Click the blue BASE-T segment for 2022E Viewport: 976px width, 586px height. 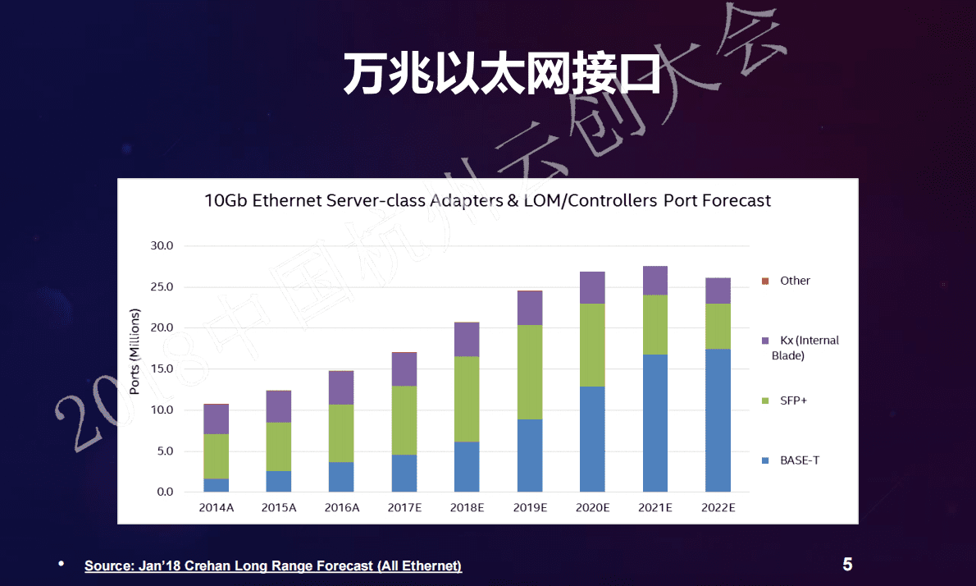(x=718, y=420)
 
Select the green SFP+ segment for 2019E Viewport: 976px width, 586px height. (x=530, y=372)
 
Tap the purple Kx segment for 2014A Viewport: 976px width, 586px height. (x=217, y=419)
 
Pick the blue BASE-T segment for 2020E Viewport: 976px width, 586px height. (x=592, y=439)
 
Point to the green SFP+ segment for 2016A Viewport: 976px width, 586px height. (x=341, y=433)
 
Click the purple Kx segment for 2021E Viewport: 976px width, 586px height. (x=654, y=281)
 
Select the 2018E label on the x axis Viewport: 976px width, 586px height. (x=467, y=508)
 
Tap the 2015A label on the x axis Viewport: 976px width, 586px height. (x=279, y=508)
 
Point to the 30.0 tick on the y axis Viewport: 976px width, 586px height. (x=162, y=246)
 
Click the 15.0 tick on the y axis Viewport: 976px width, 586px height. (x=162, y=369)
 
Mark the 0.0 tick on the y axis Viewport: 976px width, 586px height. (x=165, y=492)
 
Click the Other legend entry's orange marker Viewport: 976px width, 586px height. (x=765, y=281)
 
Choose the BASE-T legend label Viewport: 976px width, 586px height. (x=800, y=460)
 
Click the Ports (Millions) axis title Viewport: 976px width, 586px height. (x=135, y=351)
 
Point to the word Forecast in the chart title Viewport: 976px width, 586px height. (x=732, y=200)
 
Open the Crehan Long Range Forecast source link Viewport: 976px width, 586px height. (x=273, y=566)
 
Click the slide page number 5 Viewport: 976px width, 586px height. (x=847, y=565)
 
